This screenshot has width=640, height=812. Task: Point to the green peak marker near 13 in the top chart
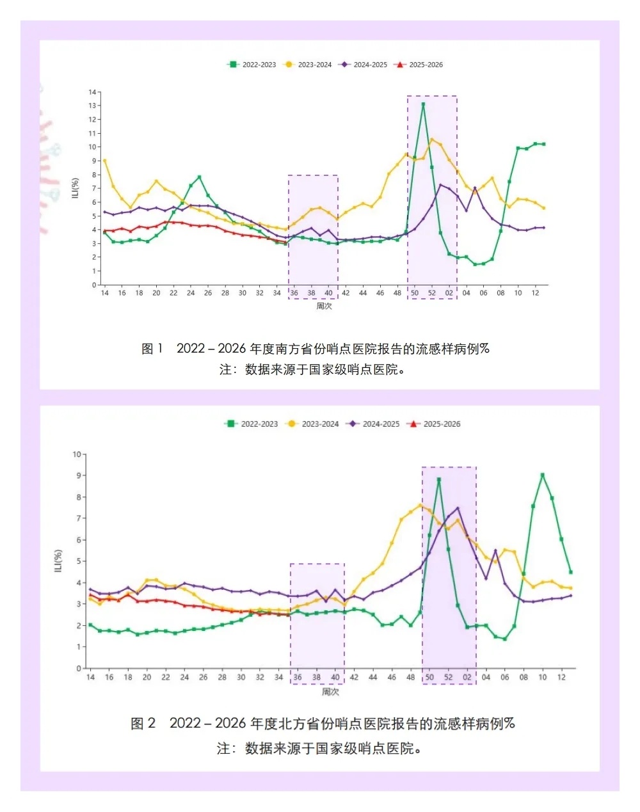point(423,104)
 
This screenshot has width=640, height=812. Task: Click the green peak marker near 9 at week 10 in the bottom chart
point(543,475)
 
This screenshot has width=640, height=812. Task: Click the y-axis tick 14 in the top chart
point(93,92)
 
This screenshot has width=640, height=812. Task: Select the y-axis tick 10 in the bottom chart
point(77,454)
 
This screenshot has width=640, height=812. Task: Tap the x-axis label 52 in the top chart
point(432,293)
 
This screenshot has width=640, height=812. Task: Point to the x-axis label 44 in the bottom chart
point(373,677)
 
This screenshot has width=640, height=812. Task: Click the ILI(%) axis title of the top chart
point(76,188)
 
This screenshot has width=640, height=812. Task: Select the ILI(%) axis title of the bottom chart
point(59,561)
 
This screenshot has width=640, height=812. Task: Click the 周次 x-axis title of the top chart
point(324,306)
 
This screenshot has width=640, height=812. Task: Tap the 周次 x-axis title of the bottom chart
point(330,692)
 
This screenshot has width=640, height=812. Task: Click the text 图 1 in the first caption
point(152,349)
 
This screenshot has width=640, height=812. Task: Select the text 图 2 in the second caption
point(143,724)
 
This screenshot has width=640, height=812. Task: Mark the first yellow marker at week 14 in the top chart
point(104,161)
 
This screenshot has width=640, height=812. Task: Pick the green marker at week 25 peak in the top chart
point(200,177)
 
